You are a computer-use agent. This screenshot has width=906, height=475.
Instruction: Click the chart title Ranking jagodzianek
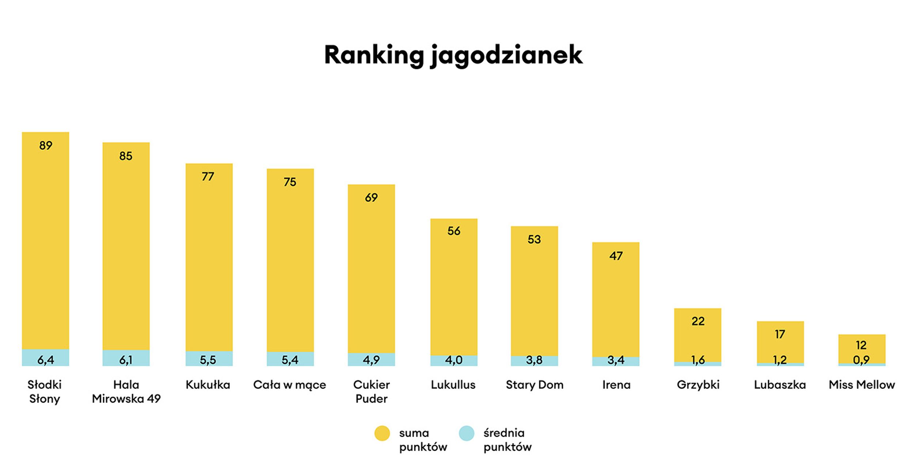[453, 55]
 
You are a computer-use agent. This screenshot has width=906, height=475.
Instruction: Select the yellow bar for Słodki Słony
[45, 241]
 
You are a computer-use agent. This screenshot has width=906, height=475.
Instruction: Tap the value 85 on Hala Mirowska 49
[126, 156]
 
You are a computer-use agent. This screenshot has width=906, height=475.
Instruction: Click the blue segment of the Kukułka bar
[209, 358]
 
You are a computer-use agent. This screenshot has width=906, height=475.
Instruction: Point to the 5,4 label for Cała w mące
[290, 360]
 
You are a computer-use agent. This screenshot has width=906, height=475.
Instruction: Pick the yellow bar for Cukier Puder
[371, 270]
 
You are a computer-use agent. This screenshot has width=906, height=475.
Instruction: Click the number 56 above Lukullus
[454, 231]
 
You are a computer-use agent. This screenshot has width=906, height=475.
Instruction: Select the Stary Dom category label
[534, 385]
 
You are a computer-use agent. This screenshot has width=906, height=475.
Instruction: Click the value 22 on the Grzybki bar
[698, 321]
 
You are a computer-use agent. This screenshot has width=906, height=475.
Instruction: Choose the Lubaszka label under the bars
[780, 385]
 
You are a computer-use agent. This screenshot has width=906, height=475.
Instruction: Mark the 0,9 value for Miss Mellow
[861, 360]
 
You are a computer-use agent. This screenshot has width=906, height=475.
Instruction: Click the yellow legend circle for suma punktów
[382, 433]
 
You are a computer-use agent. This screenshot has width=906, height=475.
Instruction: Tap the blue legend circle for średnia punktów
[467, 433]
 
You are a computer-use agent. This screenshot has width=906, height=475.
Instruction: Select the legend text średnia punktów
[507, 440]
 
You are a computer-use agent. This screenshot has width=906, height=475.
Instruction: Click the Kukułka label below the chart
[208, 385]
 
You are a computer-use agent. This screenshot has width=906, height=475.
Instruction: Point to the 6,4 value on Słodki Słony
[46, 360]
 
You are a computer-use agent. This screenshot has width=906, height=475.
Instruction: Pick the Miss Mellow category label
[862, 385]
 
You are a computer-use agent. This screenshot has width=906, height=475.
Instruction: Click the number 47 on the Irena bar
[616, 256]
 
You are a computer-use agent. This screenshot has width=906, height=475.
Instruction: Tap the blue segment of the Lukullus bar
[454, 360]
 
